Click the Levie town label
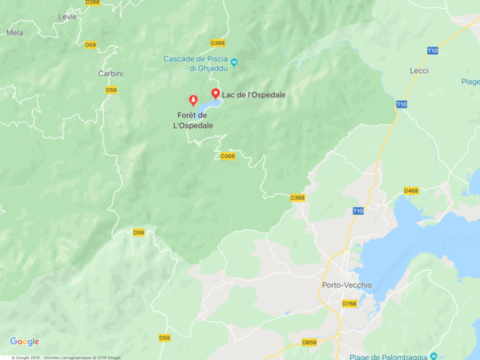68,16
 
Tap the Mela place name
14,32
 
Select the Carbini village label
110,73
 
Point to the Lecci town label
420,70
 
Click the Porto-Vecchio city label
347,286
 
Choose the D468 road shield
411,191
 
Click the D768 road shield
349,304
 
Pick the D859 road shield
309,342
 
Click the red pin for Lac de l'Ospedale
216,93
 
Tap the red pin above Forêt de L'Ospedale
194,100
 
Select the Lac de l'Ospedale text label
253,95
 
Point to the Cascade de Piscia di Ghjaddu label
195,63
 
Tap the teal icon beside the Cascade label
234,63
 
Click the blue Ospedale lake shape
209,106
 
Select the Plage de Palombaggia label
389,357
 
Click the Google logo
24,342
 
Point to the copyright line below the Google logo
61,357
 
